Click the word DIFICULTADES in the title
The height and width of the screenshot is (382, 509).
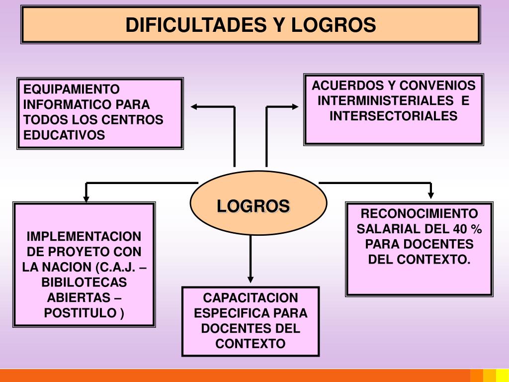click(195, 25)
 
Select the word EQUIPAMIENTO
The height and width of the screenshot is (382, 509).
click(72, 90)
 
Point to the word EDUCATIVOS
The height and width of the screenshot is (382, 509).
click(65, 135)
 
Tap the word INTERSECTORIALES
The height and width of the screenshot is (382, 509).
click(393, 116)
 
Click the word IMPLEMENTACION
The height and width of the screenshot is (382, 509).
click(84, 236)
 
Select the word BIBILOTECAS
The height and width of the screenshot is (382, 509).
click(84, 283)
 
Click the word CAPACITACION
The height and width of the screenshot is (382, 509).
click(251, 298)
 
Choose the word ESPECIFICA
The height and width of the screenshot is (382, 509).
click(226, 313)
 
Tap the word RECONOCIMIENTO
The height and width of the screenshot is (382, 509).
click(419, 214)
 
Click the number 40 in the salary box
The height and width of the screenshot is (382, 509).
click(460, 229)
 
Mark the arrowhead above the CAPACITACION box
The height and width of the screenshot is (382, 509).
click(251, 280)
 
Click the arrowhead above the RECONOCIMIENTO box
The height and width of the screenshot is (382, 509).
click(430, 195)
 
